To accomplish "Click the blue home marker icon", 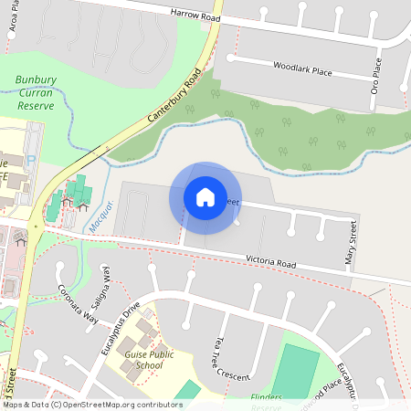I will [x=205, y=197].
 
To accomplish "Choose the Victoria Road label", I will [x=271, y=261].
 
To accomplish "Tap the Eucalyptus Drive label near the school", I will [x=115, y=330].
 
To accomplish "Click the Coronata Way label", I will [x=77, y=305].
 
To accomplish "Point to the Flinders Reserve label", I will [x=267, y=398].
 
